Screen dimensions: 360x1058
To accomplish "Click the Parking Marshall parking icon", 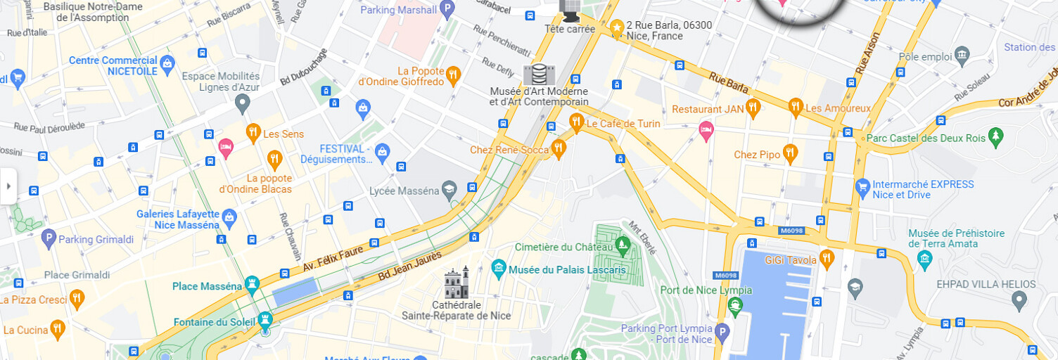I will click(447, 10).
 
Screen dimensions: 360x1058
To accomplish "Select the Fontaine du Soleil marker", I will click(264, 320).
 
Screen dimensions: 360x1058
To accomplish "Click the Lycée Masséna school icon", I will click(449, 188).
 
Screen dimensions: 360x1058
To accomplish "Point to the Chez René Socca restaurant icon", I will click(559, 148).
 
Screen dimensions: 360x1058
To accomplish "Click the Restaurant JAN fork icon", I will click(753, 108).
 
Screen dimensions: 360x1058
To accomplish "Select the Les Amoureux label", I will click(838, 108).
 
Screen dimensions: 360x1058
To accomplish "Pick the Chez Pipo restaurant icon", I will click(790, 153).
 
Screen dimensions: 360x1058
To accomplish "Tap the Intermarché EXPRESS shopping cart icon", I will click(862, 187).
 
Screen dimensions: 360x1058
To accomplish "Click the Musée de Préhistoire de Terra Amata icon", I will click(925, 262).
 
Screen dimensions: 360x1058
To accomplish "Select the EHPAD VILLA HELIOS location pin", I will click(1019, 300).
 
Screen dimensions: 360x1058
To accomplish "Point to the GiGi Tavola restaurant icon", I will click(827, 258).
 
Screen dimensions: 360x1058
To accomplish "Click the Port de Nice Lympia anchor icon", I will click(735, 306).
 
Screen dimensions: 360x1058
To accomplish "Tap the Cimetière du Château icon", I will click(622, 245).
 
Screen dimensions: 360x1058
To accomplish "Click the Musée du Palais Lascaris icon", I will click(499, 268).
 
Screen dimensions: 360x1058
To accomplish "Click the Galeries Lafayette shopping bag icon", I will click(229, 217).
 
